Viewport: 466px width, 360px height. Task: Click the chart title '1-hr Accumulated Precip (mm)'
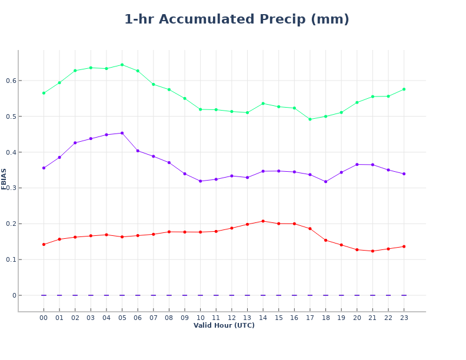click(x=237, y=19)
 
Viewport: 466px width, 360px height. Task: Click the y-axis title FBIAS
click(x=4, y=179)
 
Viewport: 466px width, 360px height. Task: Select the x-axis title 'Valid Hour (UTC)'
click(x=224, y=325)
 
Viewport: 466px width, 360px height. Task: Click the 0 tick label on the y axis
click(x=14, y=295)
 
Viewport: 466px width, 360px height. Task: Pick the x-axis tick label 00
click(x=44, y=318)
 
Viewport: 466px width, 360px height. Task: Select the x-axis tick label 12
click(x=232, y=318)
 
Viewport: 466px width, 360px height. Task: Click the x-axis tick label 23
click(x=404, y=318)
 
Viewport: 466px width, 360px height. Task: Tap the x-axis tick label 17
click(x=310, y=318)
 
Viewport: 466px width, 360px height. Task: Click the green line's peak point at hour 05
click(x=122, y=65)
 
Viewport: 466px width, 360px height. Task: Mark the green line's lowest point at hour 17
click(x=310, y=119)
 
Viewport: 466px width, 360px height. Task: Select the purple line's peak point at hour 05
click(x=122, y=133)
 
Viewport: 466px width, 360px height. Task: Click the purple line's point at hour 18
click(x=325, y=182)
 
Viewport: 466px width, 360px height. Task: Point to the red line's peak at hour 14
click(x=263, y=221)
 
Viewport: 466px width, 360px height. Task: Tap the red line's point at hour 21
click(x=372, y=251)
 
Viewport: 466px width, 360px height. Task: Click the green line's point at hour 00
click(x=44, y=93)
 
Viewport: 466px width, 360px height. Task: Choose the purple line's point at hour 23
click(x=404, y=174)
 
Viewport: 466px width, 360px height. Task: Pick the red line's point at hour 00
click(x=44, y=244)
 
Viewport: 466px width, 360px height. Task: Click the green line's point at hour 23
click(x=404, y=89)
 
